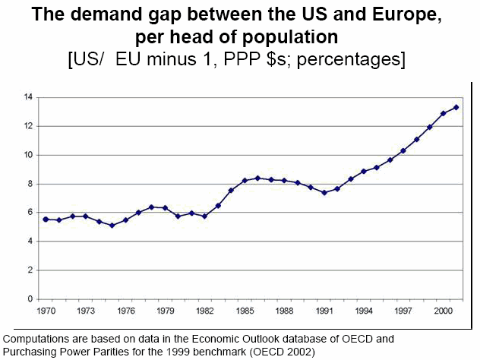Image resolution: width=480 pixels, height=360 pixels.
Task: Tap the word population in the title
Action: coord(292,37)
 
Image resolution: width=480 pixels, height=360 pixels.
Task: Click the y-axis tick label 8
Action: coord(29,184)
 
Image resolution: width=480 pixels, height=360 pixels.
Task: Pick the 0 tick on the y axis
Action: coord(29,299)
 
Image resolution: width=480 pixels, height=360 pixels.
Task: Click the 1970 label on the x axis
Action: coord(46,311)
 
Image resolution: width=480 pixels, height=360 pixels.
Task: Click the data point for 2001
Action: coord(456,107)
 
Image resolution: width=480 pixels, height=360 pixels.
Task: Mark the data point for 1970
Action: coord(46,219)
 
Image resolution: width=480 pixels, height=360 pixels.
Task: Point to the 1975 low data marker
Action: coord(112,226)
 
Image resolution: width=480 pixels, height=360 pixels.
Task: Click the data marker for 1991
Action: coord(324,192)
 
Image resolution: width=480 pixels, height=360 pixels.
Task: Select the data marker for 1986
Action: coord(257,178)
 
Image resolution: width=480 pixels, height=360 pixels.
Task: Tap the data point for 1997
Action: coord(403,150)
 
